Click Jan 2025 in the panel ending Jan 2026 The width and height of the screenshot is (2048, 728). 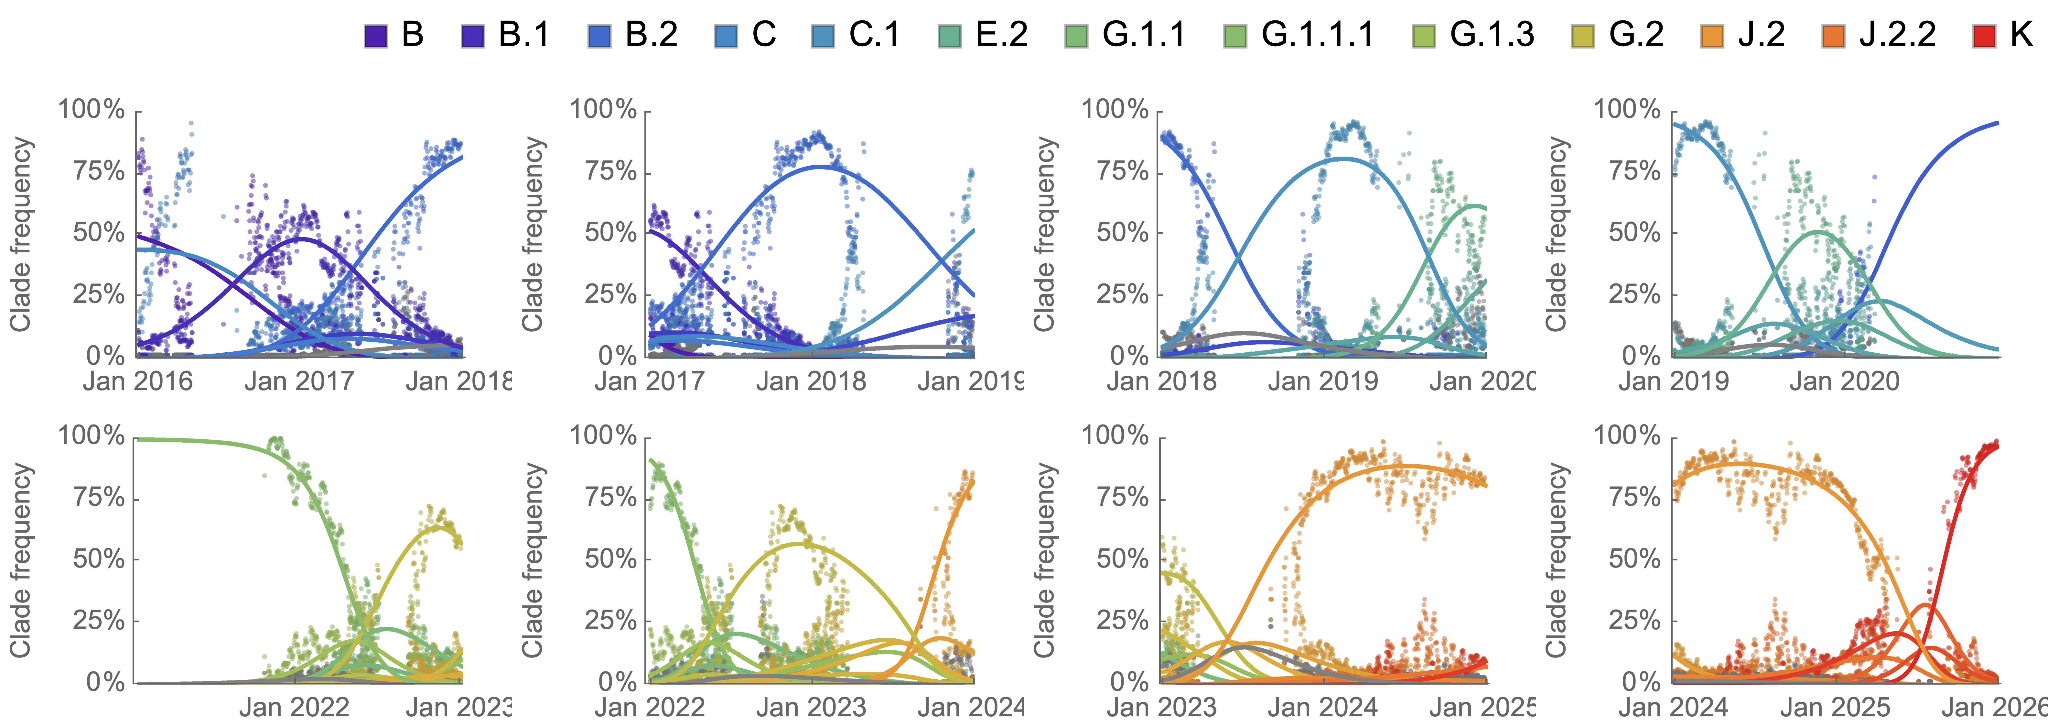point(1835,707)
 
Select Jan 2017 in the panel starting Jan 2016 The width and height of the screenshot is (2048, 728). point(299,381)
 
